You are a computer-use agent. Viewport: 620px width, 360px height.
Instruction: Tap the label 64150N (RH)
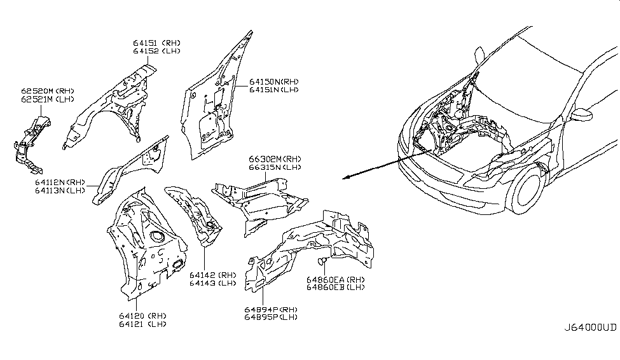point(273,81)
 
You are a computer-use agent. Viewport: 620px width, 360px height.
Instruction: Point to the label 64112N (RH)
point(61,182)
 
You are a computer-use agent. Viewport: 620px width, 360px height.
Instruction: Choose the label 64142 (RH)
point(212,275)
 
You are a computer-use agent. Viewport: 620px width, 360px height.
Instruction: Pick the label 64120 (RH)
point(143,315)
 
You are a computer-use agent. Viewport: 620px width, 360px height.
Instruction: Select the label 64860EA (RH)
point(335,279)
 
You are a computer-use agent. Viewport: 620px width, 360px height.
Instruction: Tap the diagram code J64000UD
point(590,328)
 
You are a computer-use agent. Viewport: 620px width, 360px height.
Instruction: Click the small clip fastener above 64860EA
point(322,261)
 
